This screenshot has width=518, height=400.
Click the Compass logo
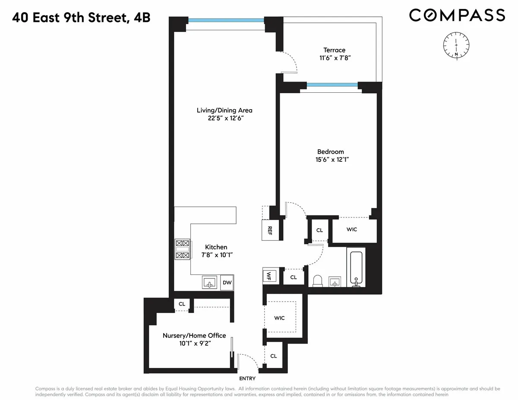coord(457,15)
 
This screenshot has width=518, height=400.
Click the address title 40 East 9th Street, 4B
coord(81,18)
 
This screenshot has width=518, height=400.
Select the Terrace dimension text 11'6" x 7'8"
coord(335,58)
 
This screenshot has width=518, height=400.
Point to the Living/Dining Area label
coord(224,110)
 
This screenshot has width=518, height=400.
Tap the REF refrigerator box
coord(270,230)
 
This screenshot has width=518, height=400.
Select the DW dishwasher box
coord(227,283)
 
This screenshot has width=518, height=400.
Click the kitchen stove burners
coord(182,249)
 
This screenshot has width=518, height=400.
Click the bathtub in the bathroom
coord(356,268)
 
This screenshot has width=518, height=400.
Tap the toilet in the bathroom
coord(318,281)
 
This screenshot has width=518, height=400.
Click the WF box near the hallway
coord(268,276)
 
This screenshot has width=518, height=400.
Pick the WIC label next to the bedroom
coord(352,229)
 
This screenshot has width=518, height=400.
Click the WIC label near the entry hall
coord(279,318)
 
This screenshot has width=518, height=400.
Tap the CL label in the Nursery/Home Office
coord(182,304)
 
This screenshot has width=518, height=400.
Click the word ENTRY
coord(247,378)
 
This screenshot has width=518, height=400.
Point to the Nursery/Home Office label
coord(194,335)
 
